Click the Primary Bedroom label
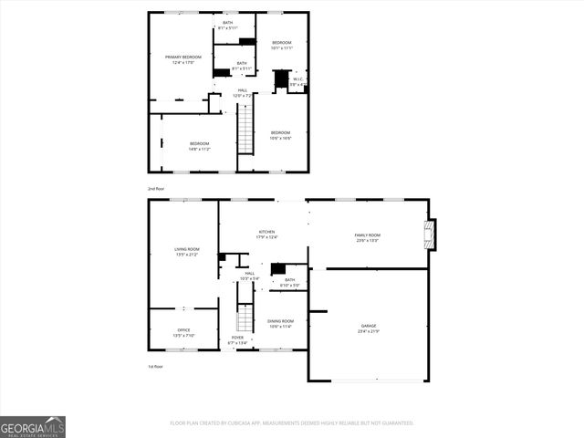(183, 59)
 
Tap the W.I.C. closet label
(297, 82)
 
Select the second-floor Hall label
(243, 92)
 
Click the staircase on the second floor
(245, 129)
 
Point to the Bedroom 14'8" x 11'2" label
(199, 146)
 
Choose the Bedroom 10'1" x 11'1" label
(281, 45)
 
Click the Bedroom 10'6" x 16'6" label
(280, 136)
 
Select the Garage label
(368, 328)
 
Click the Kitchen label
(266, 235)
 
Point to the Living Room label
(186, 252)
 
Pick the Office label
(183, 332)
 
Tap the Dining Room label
(280, 323)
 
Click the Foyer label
(237, 340)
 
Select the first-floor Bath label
(289, 282)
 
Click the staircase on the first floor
(244, 316)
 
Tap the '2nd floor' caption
(156, 188)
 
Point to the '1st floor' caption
(156, 367)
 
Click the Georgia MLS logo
(33, 427)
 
